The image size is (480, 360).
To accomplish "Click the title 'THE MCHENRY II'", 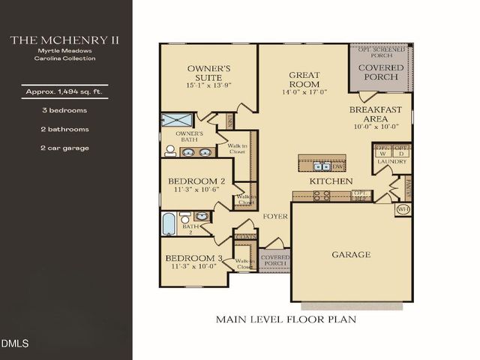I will pyautogui.click(x=65, y=40).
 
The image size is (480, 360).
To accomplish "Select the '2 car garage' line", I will pyautogui.click(x=65, y=148).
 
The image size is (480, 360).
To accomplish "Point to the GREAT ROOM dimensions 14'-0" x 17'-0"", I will pyautogui.click(x=304, y=93).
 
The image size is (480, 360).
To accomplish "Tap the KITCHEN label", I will pyautogui.click(x=331, y=181).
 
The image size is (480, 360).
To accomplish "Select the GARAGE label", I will pyautogui.click(x=351, y=254).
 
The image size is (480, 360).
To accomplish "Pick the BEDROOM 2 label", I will pyautogui.click(x=196, y=181).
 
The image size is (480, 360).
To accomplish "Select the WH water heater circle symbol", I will pyautogui.click(x=402, y=208).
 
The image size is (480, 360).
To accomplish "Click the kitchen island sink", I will pyautogui.click(x=322, y=166).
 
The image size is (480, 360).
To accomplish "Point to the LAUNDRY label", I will pyautogui.click(x=392, y=161).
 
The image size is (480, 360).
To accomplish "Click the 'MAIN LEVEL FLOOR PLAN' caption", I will pyautogui.click(x=286, y=319).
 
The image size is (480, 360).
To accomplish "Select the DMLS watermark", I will pyautogui.click(x=15, y=344).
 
